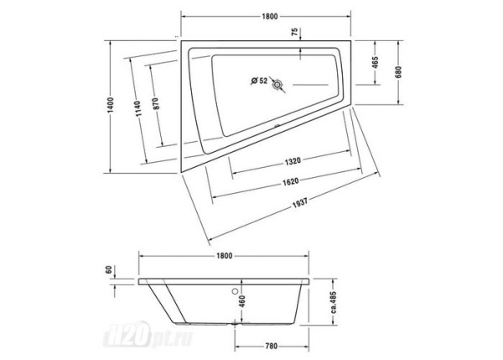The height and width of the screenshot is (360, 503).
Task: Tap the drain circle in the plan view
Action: tap(278, 83)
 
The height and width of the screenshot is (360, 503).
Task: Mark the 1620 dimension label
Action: tap(289, 181)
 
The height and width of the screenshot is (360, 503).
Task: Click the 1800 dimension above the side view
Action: tap(224, 254)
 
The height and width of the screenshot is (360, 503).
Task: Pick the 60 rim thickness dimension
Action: tap(109, 272)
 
